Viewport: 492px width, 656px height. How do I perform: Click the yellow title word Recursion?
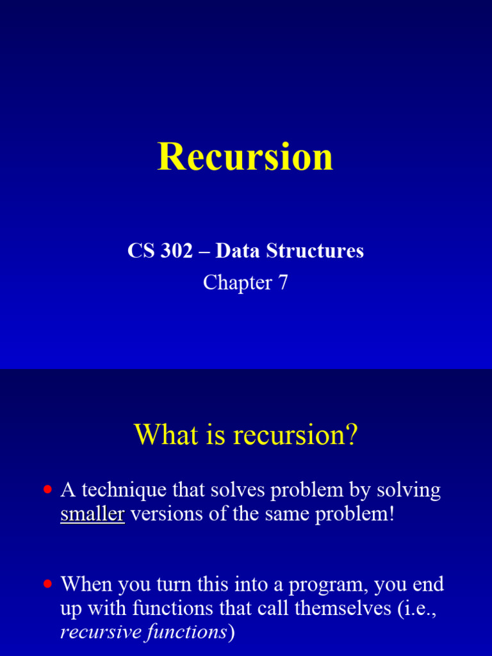tap(245, 156)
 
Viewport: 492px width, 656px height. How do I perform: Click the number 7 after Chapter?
tap(283, 283)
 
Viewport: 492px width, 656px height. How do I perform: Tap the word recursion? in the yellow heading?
tap(295, 436)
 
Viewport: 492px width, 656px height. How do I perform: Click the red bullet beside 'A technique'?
tap(47, 490)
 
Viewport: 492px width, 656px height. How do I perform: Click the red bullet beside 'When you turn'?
tap(47, 584)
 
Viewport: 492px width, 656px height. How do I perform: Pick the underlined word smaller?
tap(92, 514)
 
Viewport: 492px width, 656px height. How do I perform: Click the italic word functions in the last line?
tap(186, 632)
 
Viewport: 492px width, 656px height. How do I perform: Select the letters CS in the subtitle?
tap(140, 251)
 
